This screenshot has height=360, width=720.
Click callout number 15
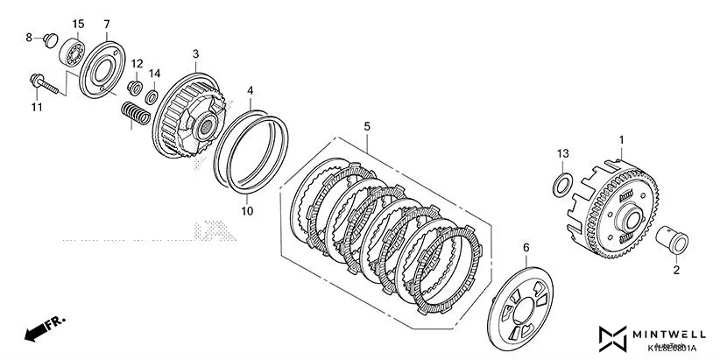78,24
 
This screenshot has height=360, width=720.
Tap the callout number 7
107,24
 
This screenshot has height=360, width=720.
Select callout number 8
28,37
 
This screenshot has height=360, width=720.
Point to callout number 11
37,107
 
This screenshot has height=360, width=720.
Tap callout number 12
138,64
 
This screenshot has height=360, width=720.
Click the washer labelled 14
151,94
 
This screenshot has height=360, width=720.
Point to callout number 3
196,53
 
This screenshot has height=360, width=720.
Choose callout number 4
251,90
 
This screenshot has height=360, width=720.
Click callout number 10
247,211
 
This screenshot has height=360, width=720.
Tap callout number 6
526,248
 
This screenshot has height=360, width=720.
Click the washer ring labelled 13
561,184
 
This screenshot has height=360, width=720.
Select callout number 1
622,139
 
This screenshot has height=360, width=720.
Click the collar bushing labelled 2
673,237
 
